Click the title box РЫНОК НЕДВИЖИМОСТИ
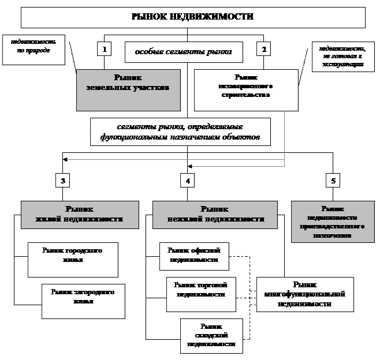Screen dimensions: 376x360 point(193,17)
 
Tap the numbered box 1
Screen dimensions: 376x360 point(104,49)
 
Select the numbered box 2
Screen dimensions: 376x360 point(263,49)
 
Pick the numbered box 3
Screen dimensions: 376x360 point(62,181)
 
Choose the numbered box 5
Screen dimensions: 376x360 point(333,181)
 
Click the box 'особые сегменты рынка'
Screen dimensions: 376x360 point(184,52)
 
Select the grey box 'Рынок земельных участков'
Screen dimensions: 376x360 point(128,89)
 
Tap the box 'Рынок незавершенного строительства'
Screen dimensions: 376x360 point(246,89)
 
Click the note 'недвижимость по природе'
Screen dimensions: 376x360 point(33,49)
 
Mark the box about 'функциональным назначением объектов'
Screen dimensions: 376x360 point(180,132)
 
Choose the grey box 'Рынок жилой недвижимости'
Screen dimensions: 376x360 point(80,214)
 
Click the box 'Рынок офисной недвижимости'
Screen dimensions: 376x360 point(194,256)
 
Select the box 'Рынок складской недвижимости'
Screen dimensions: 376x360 point(211,335)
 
